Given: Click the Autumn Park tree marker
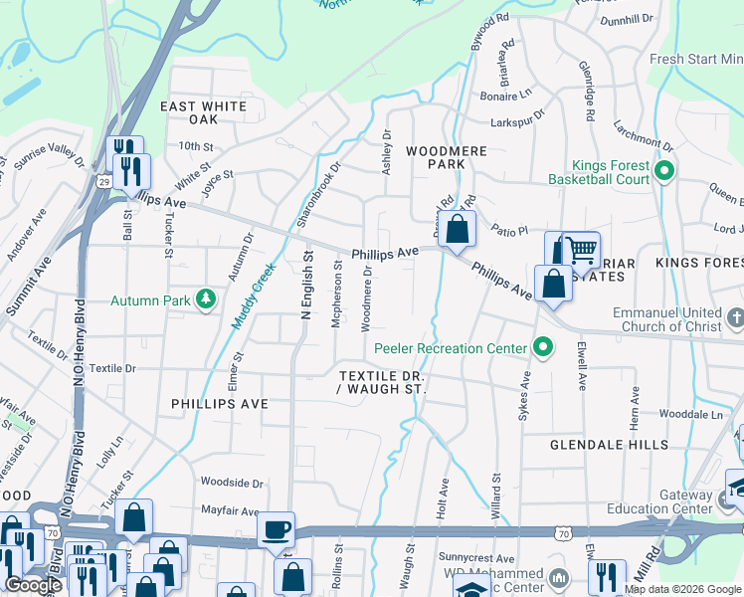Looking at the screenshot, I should coord(205,299).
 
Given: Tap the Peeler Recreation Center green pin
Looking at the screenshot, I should coord(542,348).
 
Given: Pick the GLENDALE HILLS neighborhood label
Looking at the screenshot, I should coord(599,445).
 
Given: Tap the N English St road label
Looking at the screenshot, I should coord(307,285).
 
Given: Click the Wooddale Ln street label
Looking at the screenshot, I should coord(690,413).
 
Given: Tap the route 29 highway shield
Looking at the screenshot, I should coord(104,181).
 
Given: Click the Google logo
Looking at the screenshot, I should coord(33,585).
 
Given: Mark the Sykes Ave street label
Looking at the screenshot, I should coord(523,396).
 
